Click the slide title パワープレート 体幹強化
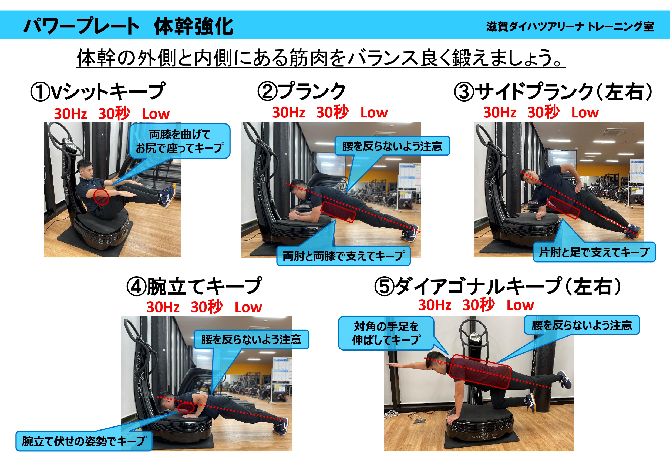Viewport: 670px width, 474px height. click(x=128, y=26)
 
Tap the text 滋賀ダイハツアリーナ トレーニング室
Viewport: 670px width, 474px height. click(x=570, y=26)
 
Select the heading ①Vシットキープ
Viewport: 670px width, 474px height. click(x=98, y=91)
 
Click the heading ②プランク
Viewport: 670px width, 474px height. click(x=301, y=91)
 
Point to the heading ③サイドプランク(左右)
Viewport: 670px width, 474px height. click(x=553, y=91)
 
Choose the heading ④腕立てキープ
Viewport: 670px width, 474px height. click(x=194, y=286)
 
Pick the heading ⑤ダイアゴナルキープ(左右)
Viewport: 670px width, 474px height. click(x=498, y=286)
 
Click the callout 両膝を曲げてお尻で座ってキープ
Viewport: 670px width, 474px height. click(x=180, y=141)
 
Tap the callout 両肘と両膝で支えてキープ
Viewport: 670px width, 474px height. click(x=344, y=256)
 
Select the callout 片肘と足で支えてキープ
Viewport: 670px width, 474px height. click(x=594, y=252)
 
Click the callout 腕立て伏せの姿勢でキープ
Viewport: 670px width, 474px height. click(x=84, y=441)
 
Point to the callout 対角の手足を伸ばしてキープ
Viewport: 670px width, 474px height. click(x=386, y=333)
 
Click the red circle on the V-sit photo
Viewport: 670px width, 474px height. click(x=101, y=197)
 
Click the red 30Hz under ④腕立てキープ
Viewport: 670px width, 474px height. click(x=163, y=307)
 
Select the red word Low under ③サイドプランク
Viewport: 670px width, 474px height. click(x=585, y=113)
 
